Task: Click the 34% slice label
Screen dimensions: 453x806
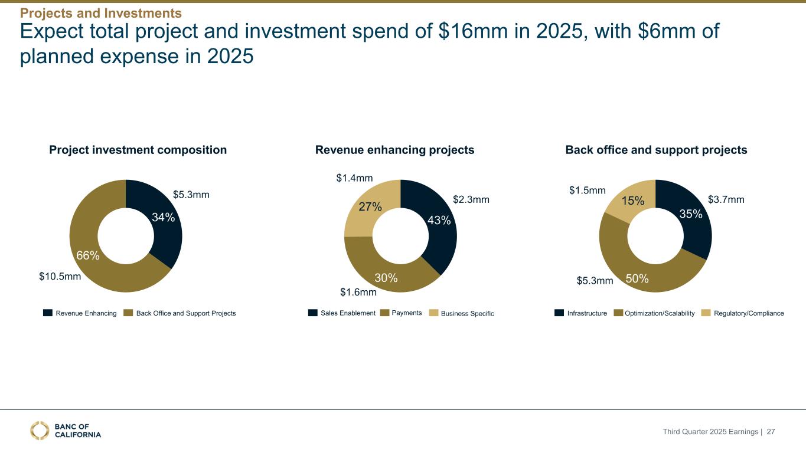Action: pos(163,217)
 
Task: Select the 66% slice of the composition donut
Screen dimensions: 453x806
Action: pos(88,255)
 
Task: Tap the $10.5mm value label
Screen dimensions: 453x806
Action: pos(60,276)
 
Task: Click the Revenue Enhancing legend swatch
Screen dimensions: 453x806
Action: pos(47,313)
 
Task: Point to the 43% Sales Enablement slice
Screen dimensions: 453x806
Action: pos(439,221)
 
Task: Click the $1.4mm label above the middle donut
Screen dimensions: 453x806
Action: pos(354,177)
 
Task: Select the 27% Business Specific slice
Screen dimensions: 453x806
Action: pos(370,206)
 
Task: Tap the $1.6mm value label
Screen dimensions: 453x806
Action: pos(358,292)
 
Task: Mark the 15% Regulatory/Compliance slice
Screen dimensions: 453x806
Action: pos(632,201)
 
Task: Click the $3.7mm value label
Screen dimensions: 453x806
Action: pos(726,200)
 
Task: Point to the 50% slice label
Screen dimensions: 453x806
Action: pos(637,279)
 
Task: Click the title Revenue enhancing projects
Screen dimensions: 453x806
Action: pos(395,150)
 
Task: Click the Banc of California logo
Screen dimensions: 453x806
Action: pos(66,431)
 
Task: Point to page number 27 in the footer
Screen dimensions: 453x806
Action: pos(770,432)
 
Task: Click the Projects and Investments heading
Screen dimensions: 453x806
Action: pos(101,12)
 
